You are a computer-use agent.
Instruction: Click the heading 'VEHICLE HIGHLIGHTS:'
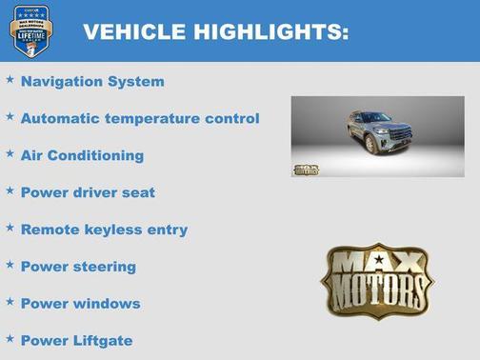[x=215, y=31]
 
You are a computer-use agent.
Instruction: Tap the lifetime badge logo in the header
[x=29, y=30]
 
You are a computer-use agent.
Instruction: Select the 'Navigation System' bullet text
[x=92, y=82]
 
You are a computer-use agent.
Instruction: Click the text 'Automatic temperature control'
[x=139, y=119]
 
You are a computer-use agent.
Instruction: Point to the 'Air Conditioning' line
[x=82, y=155]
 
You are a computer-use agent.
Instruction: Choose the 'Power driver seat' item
[x=88, y=192]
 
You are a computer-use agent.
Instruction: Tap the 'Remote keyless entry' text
[x=104, y=230]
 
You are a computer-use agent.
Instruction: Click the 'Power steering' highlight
[x=78, y=267]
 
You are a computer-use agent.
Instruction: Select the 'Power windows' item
[x=80, y=304]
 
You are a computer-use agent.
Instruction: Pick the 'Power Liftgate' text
[x=76, y=340]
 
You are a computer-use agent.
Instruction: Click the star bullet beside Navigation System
[x=10, y=79]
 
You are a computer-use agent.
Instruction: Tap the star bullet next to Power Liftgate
[x=10, y=337]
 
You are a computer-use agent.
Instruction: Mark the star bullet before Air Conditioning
[x=10, y=152]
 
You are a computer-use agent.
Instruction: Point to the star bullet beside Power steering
[x=10, y=264]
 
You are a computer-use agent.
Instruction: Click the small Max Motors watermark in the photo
[x=305, y=170]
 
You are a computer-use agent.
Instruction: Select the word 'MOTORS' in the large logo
[x=376, y=290]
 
